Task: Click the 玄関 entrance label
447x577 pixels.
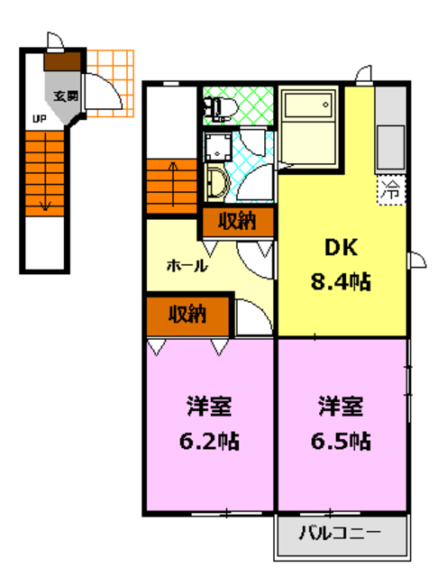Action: (x=65, y=95)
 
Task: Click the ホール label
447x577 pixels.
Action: (x=187, y=266)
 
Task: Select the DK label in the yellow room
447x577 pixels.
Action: (x=328, y=249)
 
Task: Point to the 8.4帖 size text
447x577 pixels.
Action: (x=340, y=282)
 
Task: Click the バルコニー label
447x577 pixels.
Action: (x=340, y=533)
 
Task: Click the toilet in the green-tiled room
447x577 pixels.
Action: (x=219, y=108)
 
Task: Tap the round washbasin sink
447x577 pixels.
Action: (x=218, y=183)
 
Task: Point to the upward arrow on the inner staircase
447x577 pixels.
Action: (x=172, y=176)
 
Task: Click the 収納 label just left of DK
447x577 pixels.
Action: (x=237, y=221)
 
